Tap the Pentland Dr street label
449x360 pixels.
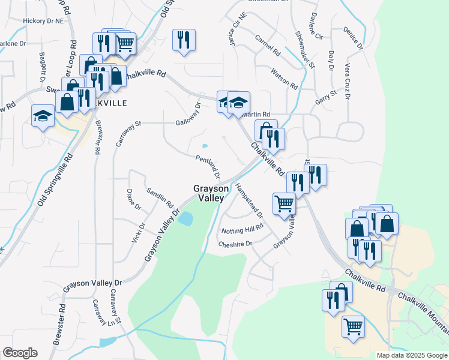pos(208,166)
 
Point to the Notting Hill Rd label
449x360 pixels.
pos(243,228)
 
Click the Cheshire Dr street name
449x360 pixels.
pos(236,244)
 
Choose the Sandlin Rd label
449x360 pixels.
pos(160,196)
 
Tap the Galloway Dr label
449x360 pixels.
pos(188,115)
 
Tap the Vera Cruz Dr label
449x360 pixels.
pos(347,83)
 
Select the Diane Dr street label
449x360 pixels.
pos(133,199)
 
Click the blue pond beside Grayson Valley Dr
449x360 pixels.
pos(185,218)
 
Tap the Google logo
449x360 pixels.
pos(19,353)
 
